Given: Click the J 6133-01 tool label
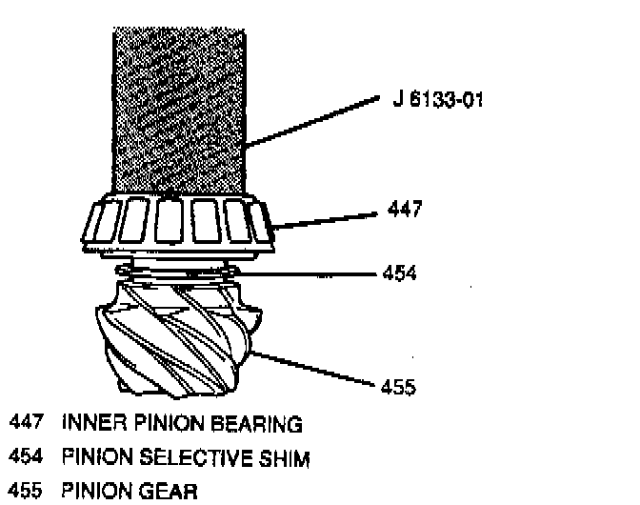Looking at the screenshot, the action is tap(436, 98).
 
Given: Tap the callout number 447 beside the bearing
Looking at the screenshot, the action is tap(405, 207).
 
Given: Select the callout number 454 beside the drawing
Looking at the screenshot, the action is tap(400, 274).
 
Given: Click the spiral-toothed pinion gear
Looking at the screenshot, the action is tap(176, 338).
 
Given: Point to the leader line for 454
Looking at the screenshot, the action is tap(305, 274).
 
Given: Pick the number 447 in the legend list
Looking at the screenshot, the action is tap(26, 423).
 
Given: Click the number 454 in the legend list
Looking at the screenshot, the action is tap(26, 458).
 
